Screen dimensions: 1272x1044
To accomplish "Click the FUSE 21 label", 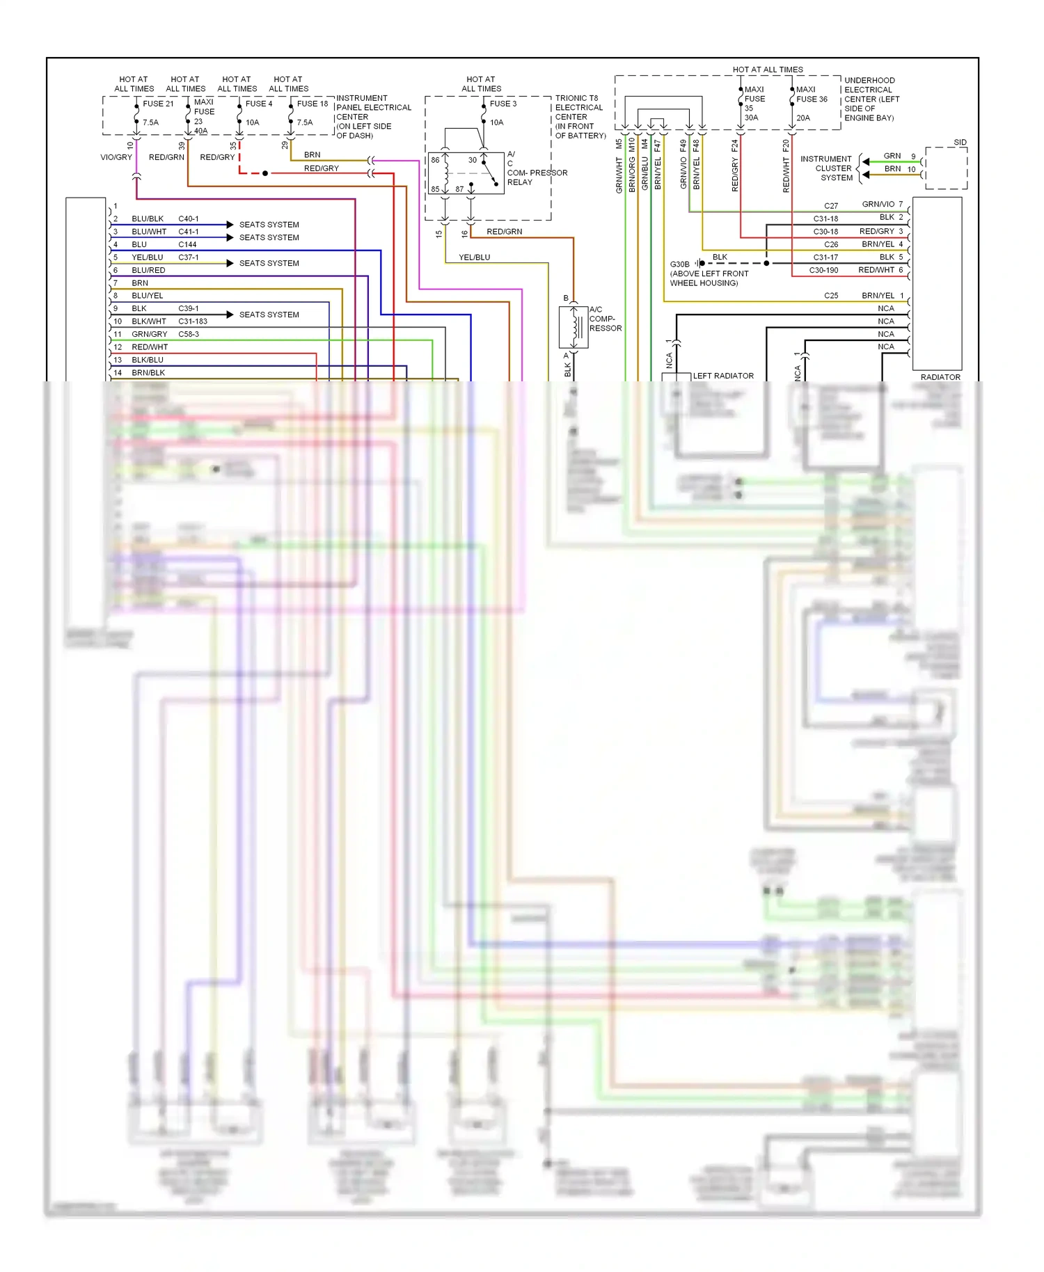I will coord(158,104).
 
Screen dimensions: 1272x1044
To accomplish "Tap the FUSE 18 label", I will coord(312,104).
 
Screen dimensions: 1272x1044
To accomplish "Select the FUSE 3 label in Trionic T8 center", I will coord(503,104).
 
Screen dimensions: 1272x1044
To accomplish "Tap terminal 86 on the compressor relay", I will coord(435,160).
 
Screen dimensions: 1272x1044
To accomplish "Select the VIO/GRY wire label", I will coord(116,157).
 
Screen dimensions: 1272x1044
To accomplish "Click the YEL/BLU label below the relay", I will coord(474,257).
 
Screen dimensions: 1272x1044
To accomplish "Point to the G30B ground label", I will coord(679,264).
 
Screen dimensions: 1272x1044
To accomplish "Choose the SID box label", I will coord(960,143).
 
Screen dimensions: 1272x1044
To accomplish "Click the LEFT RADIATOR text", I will coord(723,376).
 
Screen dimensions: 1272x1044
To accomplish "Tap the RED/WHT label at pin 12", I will coord(150,347).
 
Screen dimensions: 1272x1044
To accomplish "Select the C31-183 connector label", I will coord(193,321).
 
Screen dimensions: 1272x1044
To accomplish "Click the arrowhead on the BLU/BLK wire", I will coord(229,225).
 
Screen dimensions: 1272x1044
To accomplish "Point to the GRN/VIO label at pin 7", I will coord(878,205).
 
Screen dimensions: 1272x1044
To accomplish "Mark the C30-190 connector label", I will coord(823,270).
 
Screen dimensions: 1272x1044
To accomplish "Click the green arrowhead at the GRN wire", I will coord(865,162).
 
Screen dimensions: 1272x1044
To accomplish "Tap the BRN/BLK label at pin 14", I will coord(148,373).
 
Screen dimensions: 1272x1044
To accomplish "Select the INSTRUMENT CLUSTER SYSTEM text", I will coord(826,168).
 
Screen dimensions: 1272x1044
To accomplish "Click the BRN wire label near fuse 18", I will coord(312,155).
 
